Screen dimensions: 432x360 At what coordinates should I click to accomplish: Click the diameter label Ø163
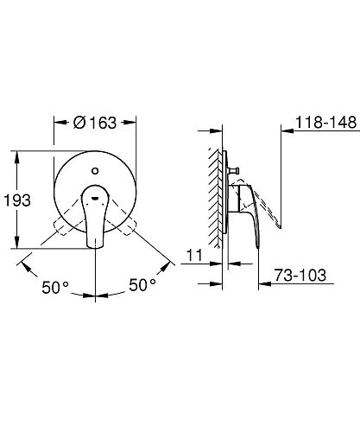tap(95, 122)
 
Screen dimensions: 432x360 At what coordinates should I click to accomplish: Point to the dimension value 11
tap(194, 255)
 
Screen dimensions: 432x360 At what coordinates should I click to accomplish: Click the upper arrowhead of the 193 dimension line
tap(17, 155)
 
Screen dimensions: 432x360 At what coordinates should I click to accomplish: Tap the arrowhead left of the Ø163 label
tap(59, 122)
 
